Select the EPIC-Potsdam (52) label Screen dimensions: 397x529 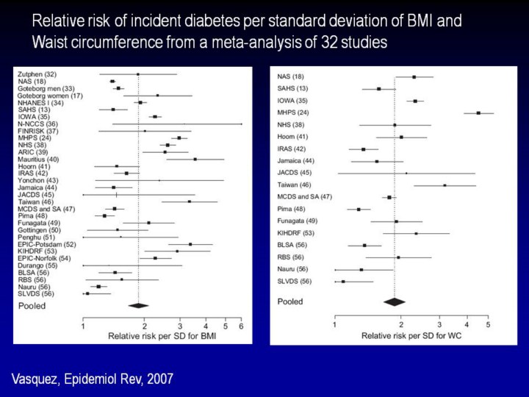[47, 244]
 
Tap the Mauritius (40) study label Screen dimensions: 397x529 [38, 159]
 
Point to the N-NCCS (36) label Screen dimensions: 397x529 [37, 124]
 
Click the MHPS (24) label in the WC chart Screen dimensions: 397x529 [293, 112]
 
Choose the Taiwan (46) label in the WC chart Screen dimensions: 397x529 [294, 185]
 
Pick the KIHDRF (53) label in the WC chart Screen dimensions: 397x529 [295, 233]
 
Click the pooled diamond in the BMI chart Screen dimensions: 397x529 [138, 305]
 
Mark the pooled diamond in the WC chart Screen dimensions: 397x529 [395, 301]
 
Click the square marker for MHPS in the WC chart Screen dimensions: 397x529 [478, 112]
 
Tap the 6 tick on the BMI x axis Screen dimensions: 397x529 [240, 326]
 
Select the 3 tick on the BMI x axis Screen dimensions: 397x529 [180, 326]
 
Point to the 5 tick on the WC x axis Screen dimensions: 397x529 [487, 324]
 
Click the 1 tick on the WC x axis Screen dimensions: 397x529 [335, 324]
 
